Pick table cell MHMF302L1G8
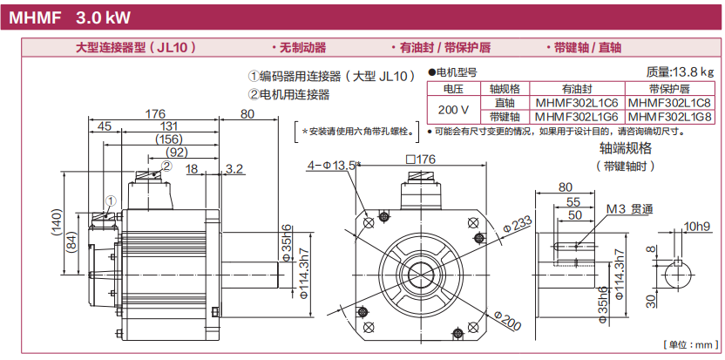click(669, 116)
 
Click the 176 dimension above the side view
click(155, 114)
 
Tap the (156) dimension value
click(162, 139)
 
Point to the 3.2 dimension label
click(234, 167)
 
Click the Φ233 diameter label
click(518, 225)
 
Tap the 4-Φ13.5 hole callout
click(332, 165)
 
